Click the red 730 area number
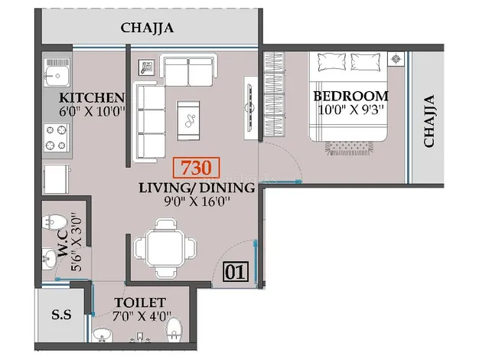pos(196,168)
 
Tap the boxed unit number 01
pos(235,272)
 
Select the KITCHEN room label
pos(92,98)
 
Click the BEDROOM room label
pos(350,96)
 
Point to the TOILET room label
pos(140,303)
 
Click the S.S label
pos(61,315)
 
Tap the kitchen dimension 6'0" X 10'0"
pos(93,112)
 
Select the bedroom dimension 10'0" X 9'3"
pos(350,110)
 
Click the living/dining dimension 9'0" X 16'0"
pos(197,201)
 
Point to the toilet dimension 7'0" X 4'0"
pos(142,316)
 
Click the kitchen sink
pos(57,73)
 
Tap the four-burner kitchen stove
pos(56,138)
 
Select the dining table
pos(165,247)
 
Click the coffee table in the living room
pos(188,120)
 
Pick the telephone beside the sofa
pos(147,67)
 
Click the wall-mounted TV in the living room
pos(250,107)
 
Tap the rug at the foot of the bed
pos(349,149)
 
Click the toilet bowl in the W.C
pos(54,221)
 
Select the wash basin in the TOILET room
pos(102,335)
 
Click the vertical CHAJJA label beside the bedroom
pos(429,121)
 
